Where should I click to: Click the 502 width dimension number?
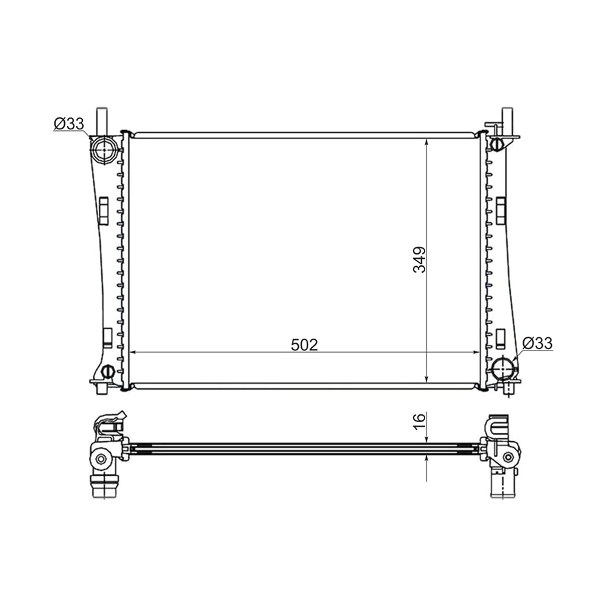coord(304,345)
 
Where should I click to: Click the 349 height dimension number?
coord(419,260)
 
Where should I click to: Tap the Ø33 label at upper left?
coord(69,124)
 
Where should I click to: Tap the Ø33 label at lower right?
coord(537,343)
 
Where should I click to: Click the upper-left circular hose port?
coord(104,149)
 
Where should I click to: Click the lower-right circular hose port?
coord(504,369)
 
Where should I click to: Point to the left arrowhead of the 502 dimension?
coord(132,352)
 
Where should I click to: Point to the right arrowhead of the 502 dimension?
coord(476,352)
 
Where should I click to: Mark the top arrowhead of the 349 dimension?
coord(426,142)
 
